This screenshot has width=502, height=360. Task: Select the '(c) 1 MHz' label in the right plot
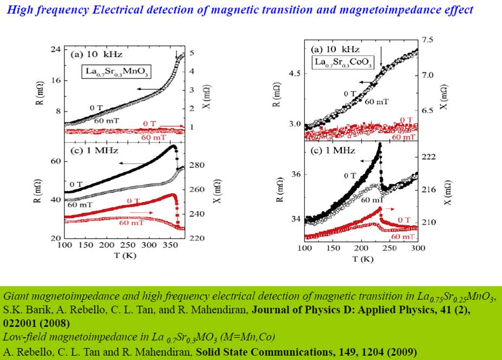click(x=332, y=150)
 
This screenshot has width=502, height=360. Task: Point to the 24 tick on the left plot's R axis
click(x=54, y=49)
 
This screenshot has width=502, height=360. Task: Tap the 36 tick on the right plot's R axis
click(x=295, y=174)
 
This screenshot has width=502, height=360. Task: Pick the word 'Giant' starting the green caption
click(x=15, y=297)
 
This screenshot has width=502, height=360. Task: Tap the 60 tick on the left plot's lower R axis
click(x=54, y=161)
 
